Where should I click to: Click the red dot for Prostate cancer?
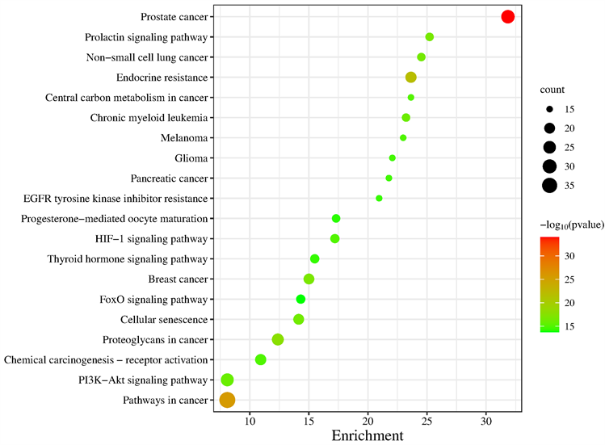click(x=507, y=16)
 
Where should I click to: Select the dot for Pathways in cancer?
click(x=227, y=400)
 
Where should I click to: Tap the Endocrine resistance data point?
click(x=410, y=78)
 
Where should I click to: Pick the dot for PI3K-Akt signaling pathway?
click(x=227, y=380)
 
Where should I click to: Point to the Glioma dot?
click(x=393, y=158)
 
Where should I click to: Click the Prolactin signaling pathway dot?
click(x=430, y=37)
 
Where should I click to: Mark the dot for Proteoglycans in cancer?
click(x=278, y=339)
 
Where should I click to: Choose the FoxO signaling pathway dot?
click(x=300, y=299)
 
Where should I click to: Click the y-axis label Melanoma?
click(x=184, y=138)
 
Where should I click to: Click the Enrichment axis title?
click(x=368, y=437)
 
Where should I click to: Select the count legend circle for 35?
click(x=549, y=185)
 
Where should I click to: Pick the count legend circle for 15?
click(x=549, y=109)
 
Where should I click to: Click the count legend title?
click(x=553, y=90)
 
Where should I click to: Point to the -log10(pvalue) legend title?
click(x=569, y=224)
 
